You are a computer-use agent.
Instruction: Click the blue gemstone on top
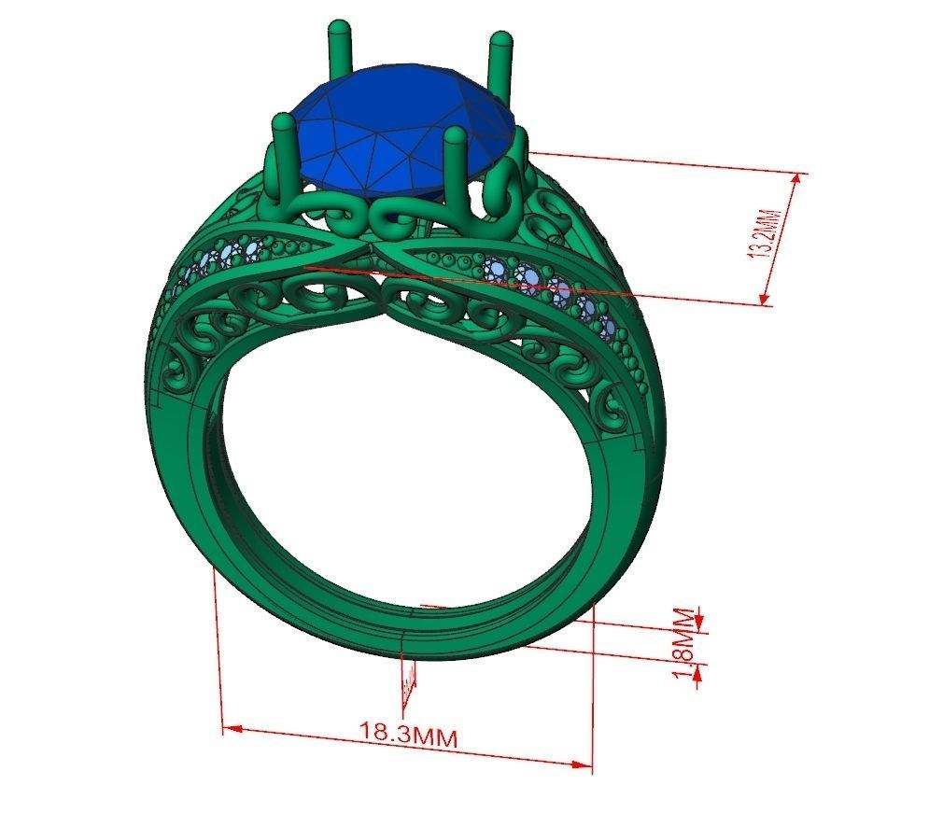(x=401, y=131)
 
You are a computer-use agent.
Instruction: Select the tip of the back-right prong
(x=500, y=40)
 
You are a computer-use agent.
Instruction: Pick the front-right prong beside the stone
(x=456, y=168)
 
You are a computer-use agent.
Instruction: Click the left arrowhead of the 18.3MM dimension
(x=230, y=727)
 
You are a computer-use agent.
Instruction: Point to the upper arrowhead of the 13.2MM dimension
(x=796, y=181)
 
